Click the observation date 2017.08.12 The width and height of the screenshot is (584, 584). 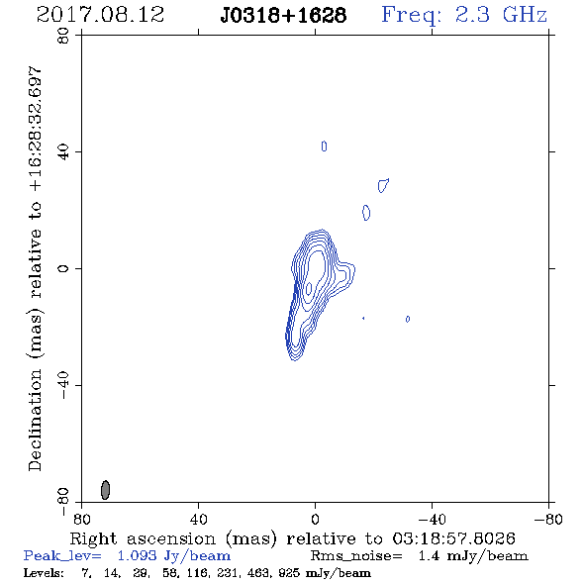coord(100,15)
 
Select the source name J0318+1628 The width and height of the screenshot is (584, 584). coord(283,16)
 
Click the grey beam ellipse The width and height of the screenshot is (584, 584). coord(105,490)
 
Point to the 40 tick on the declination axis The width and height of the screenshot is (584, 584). coord(63,152)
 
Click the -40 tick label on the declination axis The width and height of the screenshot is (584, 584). coord(63,385)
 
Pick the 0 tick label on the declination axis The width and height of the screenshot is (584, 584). coord(63,268)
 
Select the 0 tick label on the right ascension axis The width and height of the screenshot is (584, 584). coord(315,520)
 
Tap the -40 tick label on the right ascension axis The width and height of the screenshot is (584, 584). coord(432,520)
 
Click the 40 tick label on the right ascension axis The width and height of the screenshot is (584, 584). coord(198,520)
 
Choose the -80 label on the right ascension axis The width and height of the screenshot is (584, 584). coord(548,520)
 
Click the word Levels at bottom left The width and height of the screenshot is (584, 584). coord(44,573)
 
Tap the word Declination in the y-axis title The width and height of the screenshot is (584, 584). coord(35,420)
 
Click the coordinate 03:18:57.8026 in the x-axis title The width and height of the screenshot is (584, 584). coord(453,538)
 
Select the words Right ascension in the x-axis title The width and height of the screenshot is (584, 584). coord(143,538)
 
